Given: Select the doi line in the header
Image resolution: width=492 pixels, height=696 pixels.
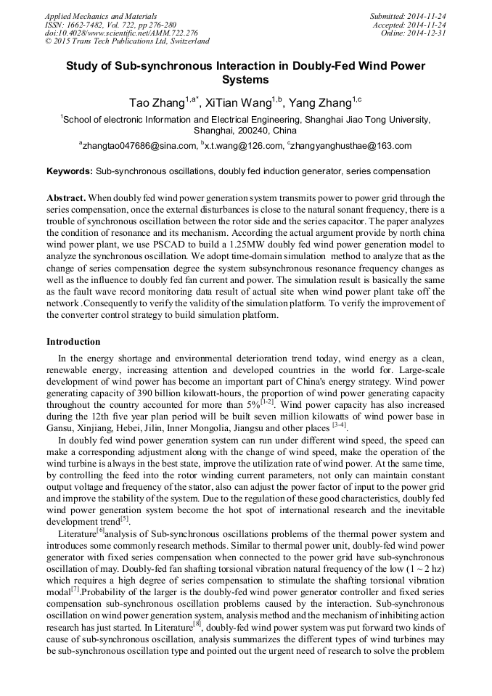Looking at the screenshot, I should tap(121, 33).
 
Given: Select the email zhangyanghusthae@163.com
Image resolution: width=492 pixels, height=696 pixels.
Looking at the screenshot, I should tap(352, 145).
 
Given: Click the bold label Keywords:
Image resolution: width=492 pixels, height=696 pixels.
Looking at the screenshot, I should tap(70, 171).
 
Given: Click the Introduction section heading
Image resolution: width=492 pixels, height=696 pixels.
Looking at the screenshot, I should tap(73, 341).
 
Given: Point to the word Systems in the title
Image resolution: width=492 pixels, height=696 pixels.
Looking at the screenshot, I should tap(245, 80).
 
